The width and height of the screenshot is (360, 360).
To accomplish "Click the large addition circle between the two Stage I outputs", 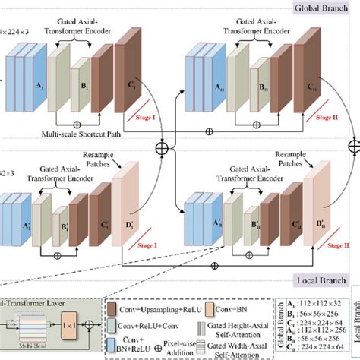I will point(161,144).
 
